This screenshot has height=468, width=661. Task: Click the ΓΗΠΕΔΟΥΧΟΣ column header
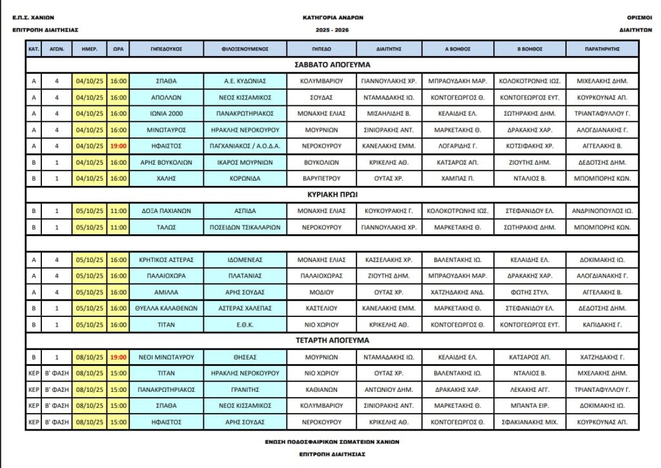(167, 48)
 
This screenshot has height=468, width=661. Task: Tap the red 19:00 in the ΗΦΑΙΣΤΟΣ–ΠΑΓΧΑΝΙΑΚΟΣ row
(118, 146)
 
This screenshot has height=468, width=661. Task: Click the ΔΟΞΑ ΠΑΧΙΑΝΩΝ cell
(167, 210)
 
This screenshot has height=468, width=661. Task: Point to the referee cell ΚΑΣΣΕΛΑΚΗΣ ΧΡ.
(389, 260)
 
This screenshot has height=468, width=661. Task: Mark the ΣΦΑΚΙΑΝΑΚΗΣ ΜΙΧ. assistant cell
(529, 422)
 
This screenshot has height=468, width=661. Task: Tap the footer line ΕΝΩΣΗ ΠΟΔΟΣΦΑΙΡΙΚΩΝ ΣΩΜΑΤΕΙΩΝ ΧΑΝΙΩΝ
(332, 442)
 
